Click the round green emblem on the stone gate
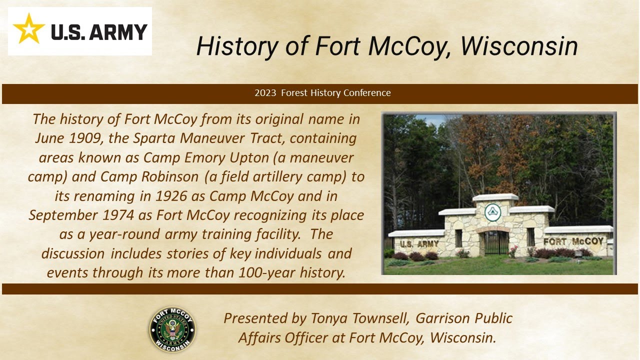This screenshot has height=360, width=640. point(492,212)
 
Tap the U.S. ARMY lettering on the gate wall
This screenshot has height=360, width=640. point(420,244)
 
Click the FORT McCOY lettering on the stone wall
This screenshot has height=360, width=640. point(573,242)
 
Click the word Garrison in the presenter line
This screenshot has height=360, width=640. point(438,318)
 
